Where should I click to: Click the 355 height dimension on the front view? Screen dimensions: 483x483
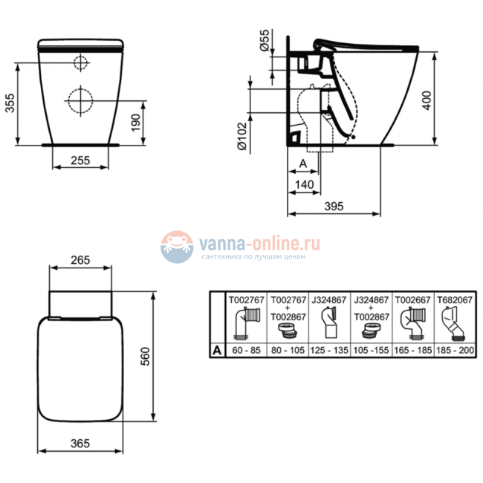coord(10,103)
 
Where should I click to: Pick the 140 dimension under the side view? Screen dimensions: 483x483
coord(302,184)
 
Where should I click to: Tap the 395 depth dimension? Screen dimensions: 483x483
coord(334,207)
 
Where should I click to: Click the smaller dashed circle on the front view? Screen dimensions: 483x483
coord(79,62)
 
